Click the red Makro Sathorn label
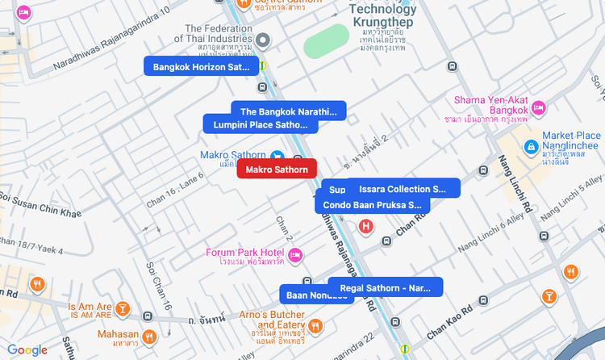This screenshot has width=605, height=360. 277,170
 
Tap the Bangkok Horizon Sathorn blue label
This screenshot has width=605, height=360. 201,67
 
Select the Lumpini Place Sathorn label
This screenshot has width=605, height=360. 260,125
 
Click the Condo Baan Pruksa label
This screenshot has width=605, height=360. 372,205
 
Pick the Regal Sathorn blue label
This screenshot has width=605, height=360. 386,287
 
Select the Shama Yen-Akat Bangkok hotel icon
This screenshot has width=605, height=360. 539,107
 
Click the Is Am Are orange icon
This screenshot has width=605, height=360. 122,308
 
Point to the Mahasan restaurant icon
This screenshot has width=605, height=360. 149,335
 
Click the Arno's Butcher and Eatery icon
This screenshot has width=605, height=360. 315,325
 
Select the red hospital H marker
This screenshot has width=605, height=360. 366,226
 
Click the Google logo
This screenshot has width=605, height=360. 27,350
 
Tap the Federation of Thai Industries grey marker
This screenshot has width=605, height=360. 263,40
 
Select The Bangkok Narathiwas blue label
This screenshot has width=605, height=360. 288,111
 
